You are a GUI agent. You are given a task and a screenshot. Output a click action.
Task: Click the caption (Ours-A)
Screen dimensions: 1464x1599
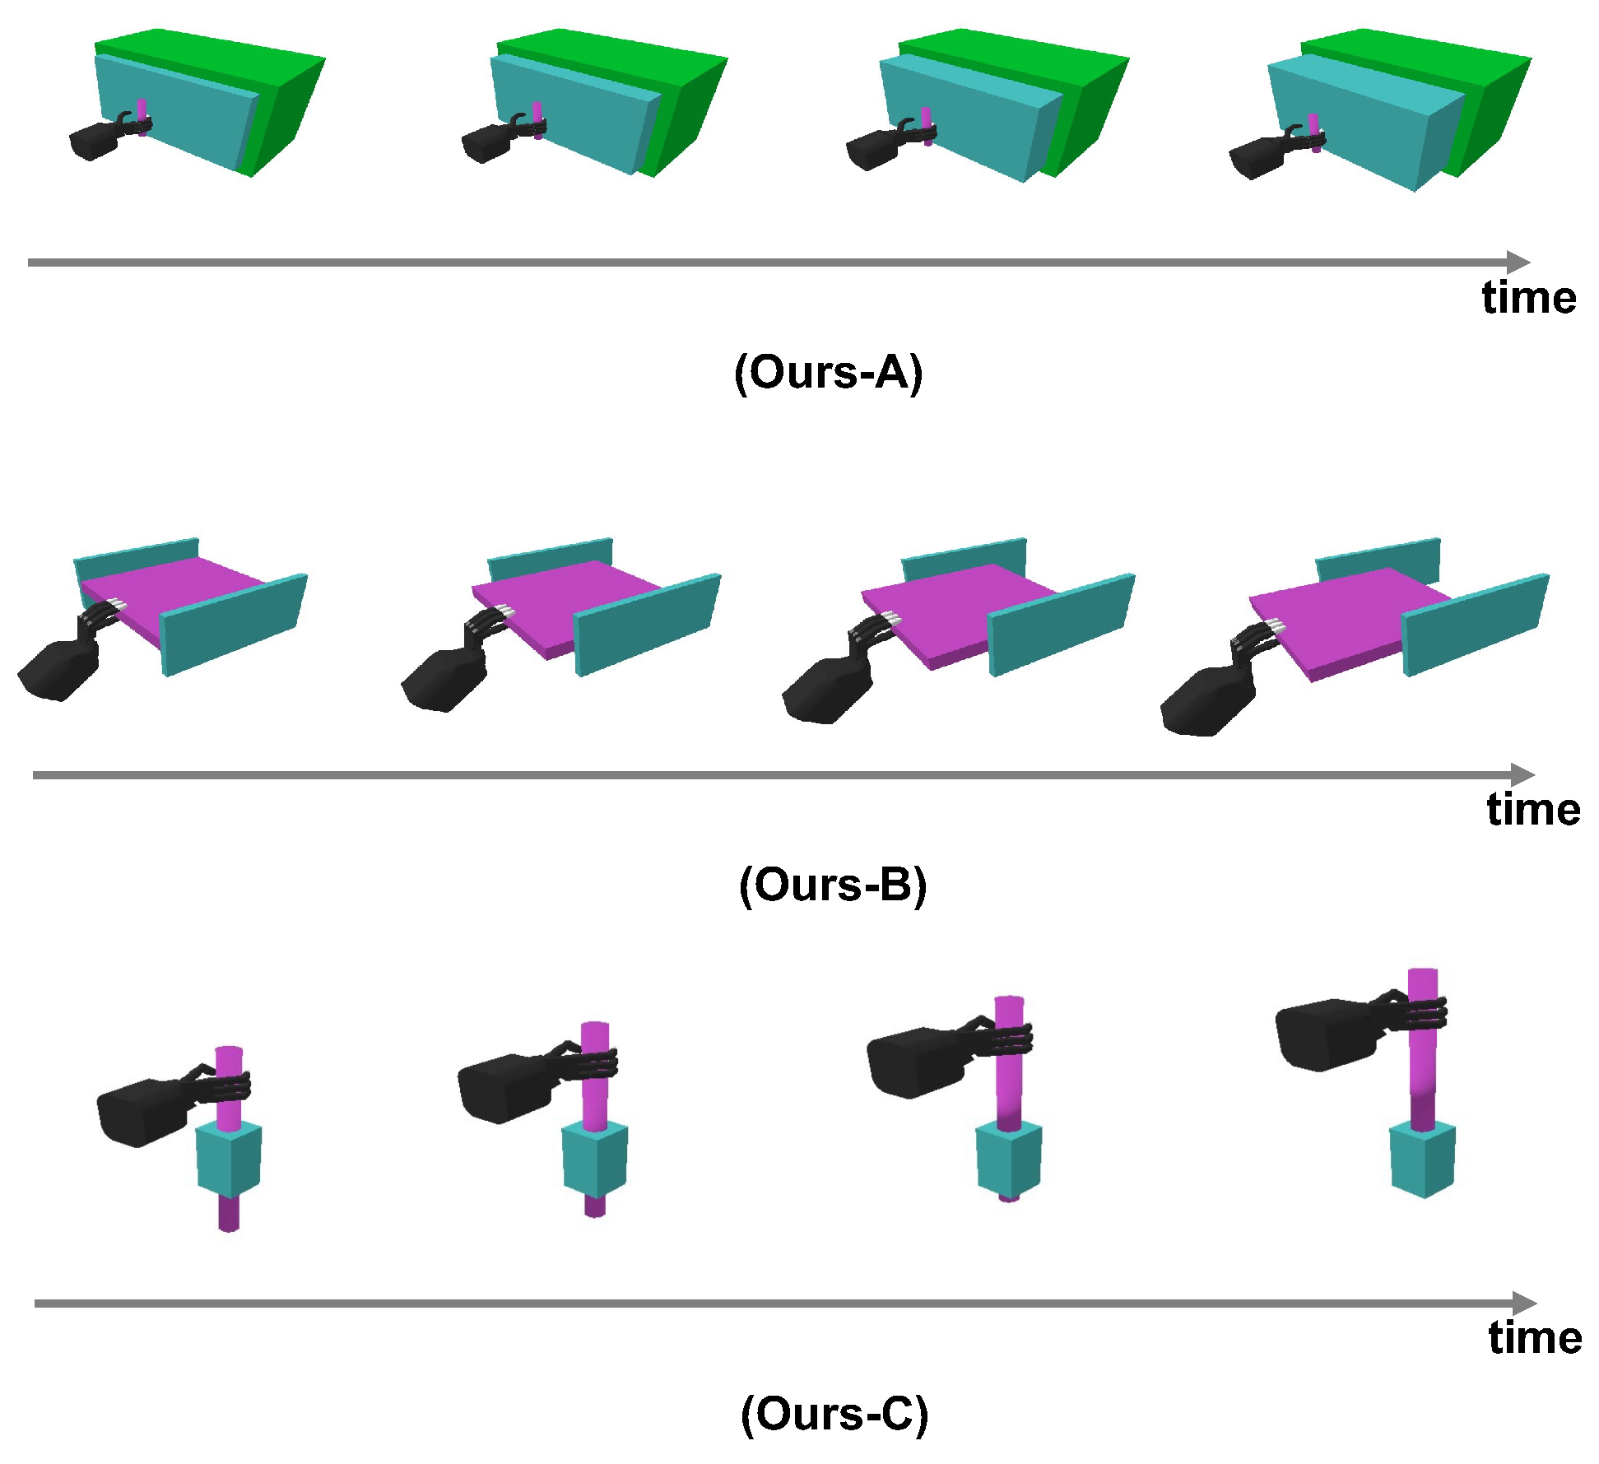828,373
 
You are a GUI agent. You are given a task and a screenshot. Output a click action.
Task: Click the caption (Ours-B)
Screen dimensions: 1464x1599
832,885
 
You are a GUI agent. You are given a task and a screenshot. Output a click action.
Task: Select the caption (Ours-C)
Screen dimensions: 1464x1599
834,1414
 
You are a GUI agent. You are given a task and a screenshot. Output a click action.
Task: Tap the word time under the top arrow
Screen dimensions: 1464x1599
1528,297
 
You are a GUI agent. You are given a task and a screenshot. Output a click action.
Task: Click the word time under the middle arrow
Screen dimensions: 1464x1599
1532,810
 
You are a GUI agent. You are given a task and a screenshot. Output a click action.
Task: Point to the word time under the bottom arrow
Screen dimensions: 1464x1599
1534,1338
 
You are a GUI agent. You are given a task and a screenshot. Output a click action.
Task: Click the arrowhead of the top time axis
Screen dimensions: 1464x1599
1519,263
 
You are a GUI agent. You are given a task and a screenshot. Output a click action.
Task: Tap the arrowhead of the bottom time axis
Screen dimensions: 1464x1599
1525,1304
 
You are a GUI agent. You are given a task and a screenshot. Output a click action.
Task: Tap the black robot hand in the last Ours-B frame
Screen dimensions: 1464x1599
1206,699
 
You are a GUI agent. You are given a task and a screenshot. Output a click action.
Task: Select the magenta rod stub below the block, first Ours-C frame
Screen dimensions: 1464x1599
229,1213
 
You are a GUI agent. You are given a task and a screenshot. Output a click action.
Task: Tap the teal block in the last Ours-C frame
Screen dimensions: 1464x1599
1422,1160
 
